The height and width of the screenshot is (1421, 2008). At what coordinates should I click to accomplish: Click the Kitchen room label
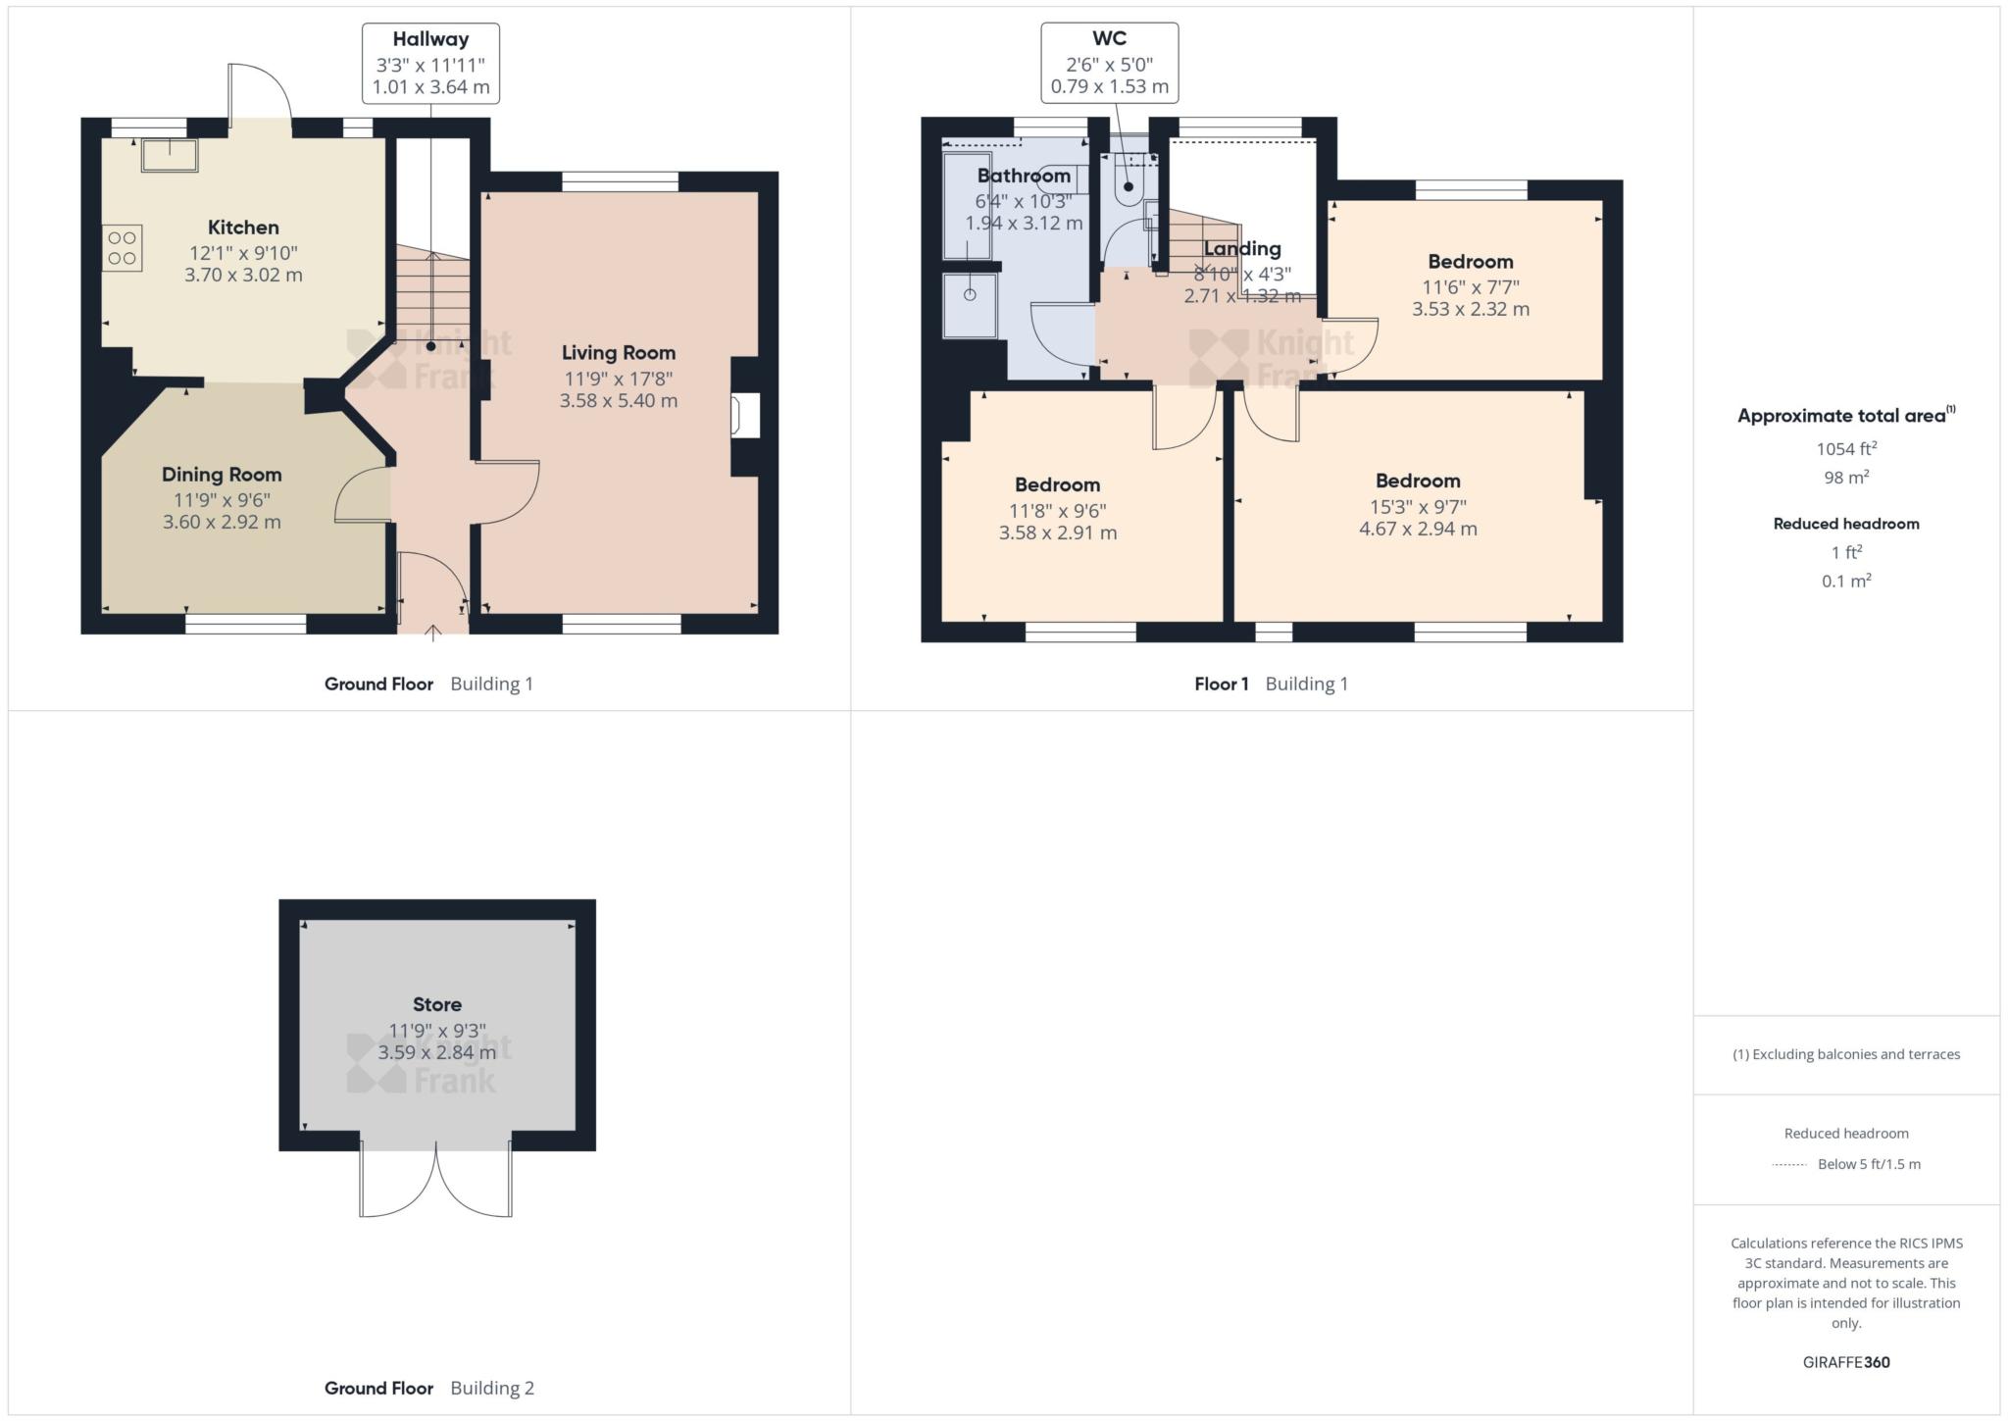243,228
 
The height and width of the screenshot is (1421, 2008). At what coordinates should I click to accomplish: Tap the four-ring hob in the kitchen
123,248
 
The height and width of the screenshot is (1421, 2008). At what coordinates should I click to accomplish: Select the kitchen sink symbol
170,155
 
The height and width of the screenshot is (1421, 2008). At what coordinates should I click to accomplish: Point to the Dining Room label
222,475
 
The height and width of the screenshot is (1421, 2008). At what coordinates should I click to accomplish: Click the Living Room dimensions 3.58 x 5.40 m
619,400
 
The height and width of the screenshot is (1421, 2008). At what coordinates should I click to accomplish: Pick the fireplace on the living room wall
745,416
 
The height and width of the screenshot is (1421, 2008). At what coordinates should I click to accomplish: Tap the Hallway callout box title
430,39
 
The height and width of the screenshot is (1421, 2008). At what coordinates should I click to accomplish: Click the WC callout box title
1109,38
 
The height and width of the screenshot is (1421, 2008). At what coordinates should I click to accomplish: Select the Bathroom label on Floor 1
1024,176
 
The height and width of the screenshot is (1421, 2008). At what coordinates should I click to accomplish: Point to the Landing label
1242,249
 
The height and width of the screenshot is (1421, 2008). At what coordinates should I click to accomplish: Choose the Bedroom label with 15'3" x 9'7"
1418,481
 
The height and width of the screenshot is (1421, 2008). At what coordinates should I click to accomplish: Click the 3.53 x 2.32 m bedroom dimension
1471,309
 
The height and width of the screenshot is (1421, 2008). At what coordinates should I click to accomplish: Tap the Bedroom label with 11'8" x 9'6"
1057,484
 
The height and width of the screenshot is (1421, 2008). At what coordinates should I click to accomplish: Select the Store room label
437,1004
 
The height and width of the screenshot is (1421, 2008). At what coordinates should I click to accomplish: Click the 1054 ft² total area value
1846,448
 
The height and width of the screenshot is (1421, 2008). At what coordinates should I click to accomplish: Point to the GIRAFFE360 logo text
1846,1362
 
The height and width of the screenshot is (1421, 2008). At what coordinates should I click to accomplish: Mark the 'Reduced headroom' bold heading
1846,524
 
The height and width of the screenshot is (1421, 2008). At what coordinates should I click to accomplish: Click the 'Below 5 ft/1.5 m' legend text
1869,1164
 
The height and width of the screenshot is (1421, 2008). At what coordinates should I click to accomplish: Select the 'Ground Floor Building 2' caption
429,1388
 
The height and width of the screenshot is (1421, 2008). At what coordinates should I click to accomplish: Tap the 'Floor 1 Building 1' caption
1271,684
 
